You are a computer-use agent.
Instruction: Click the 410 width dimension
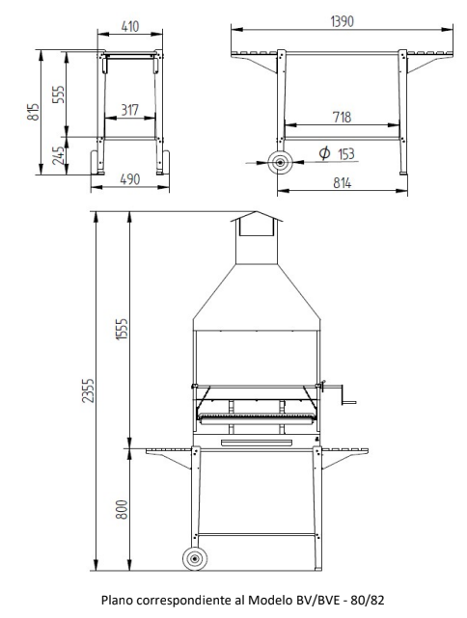click(x=130, y=26)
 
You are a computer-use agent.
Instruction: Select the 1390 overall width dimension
click(x=342, y=21)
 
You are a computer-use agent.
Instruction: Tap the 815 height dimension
click(x=33, y=112)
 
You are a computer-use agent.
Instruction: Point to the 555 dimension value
click(x=58, y=94)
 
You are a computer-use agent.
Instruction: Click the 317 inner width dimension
click(x=129, y=110)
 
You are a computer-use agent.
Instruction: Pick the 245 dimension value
click(x=58, y=155)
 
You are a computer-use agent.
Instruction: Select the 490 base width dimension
click(x=129, y=179)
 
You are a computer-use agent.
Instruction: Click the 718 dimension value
click(x=342, y=117)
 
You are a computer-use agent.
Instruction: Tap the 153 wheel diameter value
click(x=346, y=153)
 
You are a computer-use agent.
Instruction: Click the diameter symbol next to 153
click(x=324, y=153)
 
